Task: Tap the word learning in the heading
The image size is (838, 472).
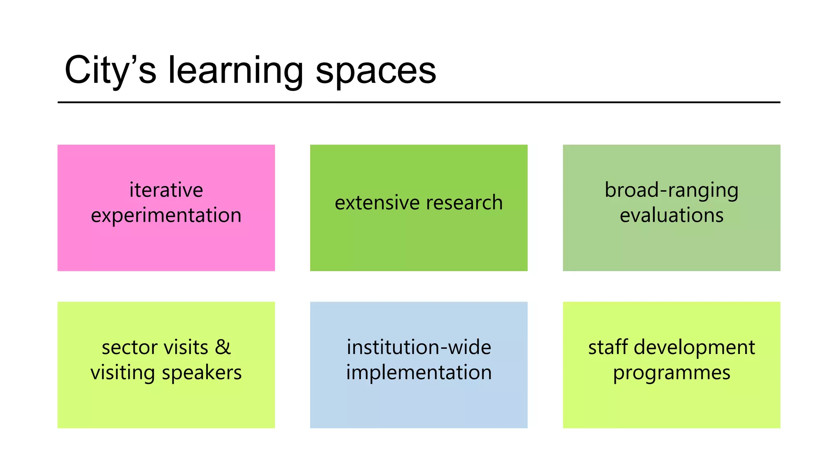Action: click(x=236, y=70)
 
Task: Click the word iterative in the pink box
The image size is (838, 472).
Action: click(x=166, y=190)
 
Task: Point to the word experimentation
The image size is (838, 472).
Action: click(x=166, y=216)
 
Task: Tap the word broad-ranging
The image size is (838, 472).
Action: click(x=671, y=190)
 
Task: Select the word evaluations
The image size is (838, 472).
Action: click(x=671, y=216)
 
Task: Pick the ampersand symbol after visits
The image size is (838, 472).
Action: click(x=223, y=347)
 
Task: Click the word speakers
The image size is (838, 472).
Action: click(x=202, y=373)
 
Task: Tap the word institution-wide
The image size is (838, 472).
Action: click(x=419, y=347)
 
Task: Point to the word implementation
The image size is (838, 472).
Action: click(x=419, y=373)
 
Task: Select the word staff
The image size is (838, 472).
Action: click(x=608, y=347)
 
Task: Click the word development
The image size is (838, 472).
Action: click(x=694, y=347)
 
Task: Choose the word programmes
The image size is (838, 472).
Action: click(x=671, y=373)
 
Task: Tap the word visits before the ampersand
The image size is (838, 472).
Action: click(x=186, y=347)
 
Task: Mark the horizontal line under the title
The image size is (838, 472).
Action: click(x=419, y=102)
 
